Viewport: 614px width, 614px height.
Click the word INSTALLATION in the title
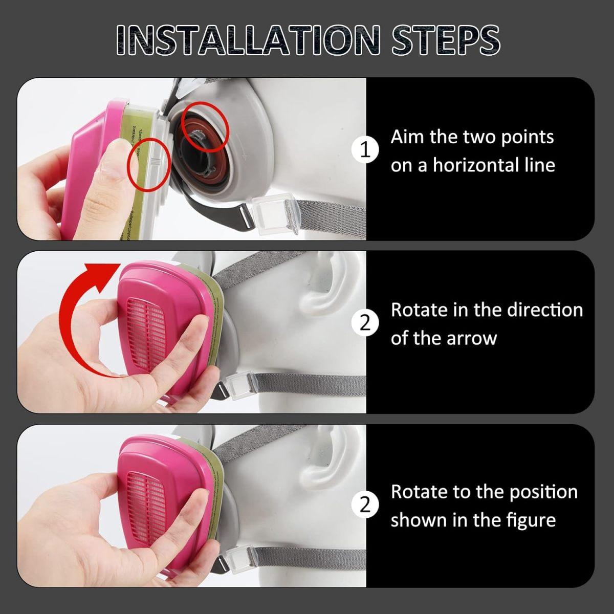[249, 40]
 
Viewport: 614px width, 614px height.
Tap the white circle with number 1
[365, 150]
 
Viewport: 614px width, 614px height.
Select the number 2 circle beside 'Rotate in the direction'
[365, 323]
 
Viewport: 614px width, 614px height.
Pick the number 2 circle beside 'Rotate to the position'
[365, 506]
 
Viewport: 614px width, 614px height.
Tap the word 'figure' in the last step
[532, 521]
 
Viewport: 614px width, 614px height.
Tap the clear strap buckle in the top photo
[274, 214]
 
